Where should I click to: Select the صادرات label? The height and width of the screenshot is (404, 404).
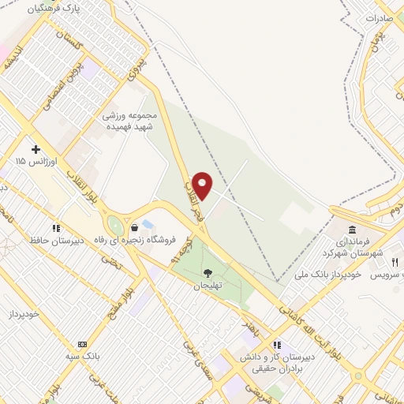pyautogui.click(x=385, y=15)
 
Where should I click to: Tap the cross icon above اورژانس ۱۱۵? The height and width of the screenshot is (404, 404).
pyautogui.click(x=35, y=148)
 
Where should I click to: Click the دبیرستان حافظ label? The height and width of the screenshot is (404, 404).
pyautogui.click(x=56, y=239)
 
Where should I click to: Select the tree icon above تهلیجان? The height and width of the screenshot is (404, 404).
pyautogui.click(x=208, y=273)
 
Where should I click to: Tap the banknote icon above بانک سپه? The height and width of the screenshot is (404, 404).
pyautogui.click(x=82, y=345)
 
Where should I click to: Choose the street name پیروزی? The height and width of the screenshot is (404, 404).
pyautogui.click(x=139, y=70)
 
